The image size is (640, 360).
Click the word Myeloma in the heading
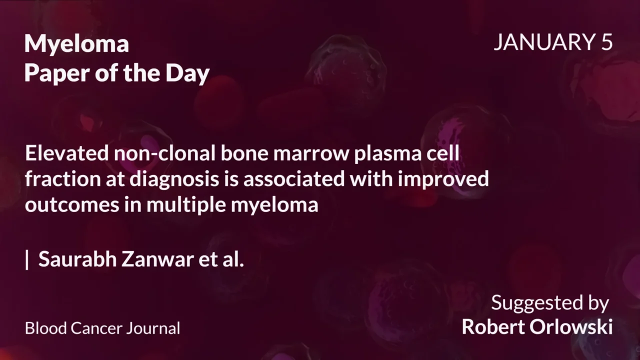point(76,44)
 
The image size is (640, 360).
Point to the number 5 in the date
point(606,42)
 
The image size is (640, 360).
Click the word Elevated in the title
point(66,153)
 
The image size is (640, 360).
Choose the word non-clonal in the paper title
point(164,153)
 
